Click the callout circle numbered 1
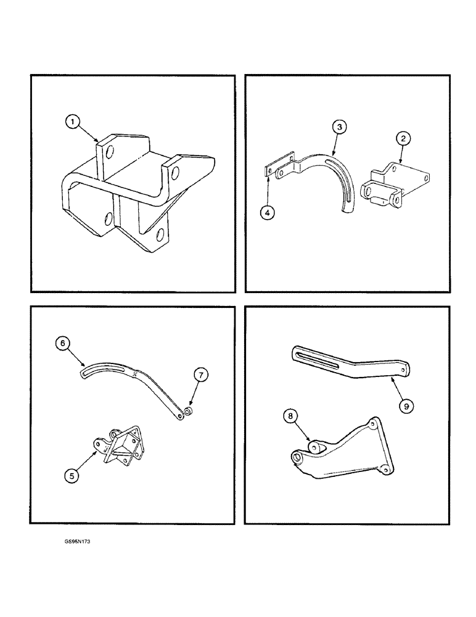(73, 123)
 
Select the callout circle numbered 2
(403, 139)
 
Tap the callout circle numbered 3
(339, 128)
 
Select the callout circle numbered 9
(406, 406)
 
